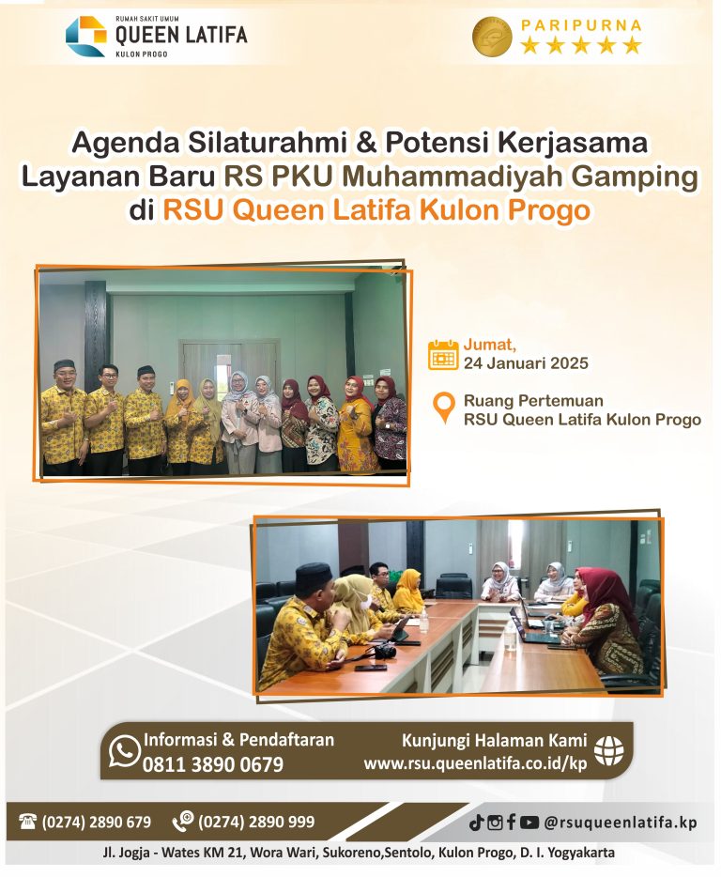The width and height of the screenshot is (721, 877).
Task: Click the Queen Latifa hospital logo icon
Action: pos(85,36)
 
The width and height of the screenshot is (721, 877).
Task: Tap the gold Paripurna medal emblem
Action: pos(492,37)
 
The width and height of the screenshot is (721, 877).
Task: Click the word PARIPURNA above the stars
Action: pos(581,23)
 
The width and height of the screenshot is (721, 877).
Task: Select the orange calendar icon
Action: pos(443,355)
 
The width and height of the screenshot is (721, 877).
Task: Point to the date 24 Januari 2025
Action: pos(526,363)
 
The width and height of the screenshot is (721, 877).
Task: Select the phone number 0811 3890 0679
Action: pos(212,764)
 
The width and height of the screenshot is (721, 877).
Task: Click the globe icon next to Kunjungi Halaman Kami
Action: pos(609,750)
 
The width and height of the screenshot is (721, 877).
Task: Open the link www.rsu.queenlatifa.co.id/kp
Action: pos(475,763)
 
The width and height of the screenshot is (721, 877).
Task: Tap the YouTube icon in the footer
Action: pos(529,823)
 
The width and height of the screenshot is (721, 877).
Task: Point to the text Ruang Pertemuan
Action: pos(533,401)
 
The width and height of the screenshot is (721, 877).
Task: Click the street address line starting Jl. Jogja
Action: pos(360,854)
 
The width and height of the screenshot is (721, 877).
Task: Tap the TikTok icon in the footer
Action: pos(476,823)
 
